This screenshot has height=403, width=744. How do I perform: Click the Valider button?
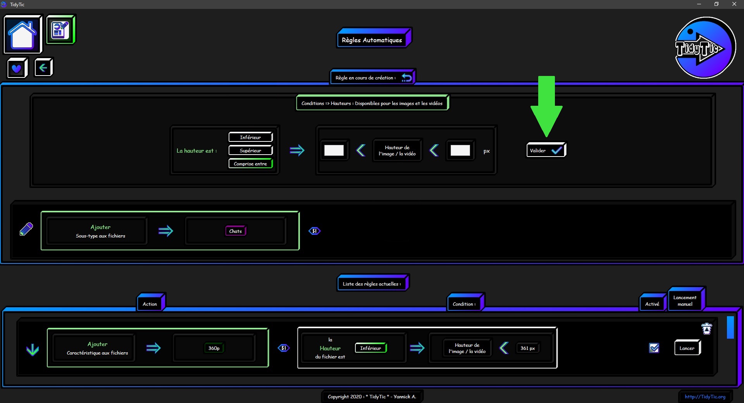click(x=546, y=150)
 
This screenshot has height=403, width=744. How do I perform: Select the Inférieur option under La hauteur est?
click(x=251, y=137)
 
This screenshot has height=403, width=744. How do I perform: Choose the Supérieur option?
click(x=251, y=150)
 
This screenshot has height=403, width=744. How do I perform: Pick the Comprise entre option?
click(x=251, y=164)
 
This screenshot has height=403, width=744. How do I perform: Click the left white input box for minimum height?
click(x=334, y=150)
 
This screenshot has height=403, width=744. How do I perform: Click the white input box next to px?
click(x=460, y=150)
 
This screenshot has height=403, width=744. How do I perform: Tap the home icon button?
click(x=23, y=34)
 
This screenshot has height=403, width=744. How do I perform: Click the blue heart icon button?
click(x=17, y=68)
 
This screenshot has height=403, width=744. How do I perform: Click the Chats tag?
click(x=236, y=231)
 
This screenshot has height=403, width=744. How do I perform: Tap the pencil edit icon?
click(x=26, y=229)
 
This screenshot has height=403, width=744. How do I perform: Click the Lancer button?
click(x=687, y=348)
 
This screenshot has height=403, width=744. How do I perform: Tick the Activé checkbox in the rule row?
click(x=654, y=348)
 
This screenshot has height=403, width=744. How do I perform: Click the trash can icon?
click(x=707, y=329)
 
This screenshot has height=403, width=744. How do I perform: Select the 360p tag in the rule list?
click(x=214, y=348)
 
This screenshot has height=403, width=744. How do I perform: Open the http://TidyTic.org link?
click(x=705, y=396)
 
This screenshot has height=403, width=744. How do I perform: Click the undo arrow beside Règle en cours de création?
click(x=406, y=77)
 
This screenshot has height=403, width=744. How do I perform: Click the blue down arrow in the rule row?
click(x=33, y=350)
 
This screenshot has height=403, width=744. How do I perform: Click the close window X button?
click(x=734, y=4)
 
